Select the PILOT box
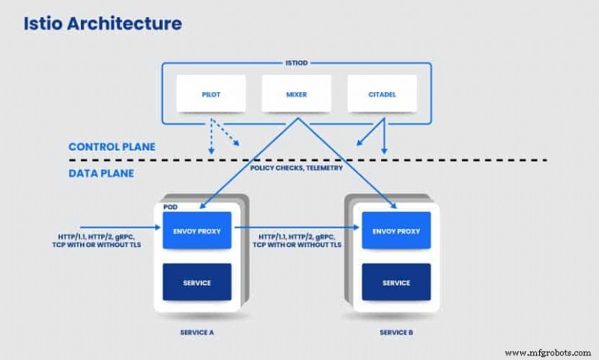(x=211, y=95)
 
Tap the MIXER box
(x=296, y=95)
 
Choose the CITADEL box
(x=382, y=95)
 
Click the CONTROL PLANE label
(x=112, y=147)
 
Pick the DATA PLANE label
(x=101, y=173)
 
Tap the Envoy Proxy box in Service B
(x=396, y=231)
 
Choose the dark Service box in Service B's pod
(x=396, y=282)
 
